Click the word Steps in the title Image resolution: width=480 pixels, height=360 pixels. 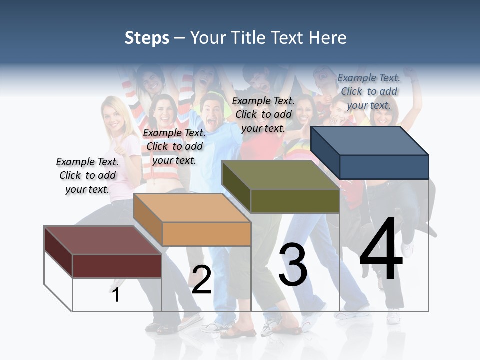pos(147,38)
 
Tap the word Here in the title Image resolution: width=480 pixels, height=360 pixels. pos(327,38)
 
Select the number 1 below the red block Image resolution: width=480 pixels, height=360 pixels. pos(116,295)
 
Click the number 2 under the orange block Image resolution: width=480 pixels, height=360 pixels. pos(201,280)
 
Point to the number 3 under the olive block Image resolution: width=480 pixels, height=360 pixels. pos(293,265)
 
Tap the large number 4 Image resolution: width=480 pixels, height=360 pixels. pos(381,250)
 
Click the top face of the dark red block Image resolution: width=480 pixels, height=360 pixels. pos(102,240)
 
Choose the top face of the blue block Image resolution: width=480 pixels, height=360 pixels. pos(369,141)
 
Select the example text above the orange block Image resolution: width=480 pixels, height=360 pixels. pos(174,146)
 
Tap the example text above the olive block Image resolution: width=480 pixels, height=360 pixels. pos(263,114)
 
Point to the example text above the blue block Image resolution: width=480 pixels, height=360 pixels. pos(369,91)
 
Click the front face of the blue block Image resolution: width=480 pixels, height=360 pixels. pos(384,167)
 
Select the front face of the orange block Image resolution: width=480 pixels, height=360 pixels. pos(206,234)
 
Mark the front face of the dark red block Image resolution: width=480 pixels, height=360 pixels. pos(117,266)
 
